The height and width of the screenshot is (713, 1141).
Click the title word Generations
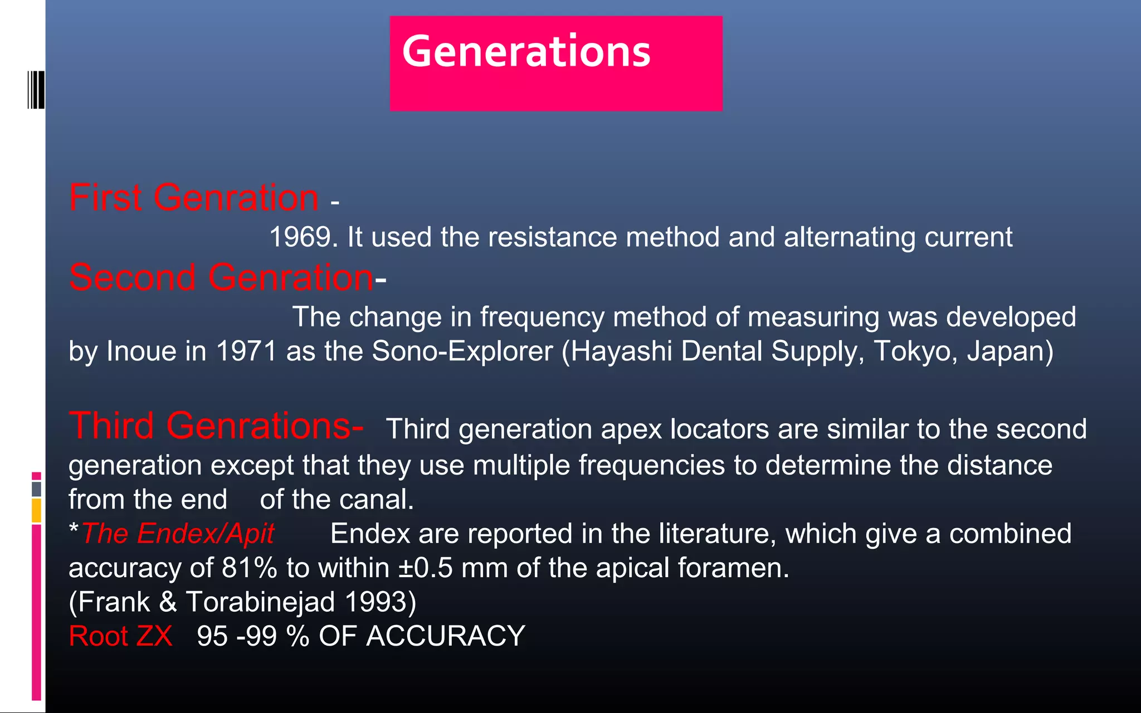(526, 51)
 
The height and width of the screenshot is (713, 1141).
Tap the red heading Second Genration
(221, 277)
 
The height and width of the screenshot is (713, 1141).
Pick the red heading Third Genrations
(216, 426)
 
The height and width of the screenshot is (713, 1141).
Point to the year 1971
(246, 351)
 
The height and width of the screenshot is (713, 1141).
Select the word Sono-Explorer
(462, 351)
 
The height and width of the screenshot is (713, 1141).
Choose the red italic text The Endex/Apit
(178, 534)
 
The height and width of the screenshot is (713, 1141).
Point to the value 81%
(249, 568)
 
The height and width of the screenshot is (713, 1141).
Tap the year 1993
(380, 602)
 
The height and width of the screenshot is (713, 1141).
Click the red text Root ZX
(120, 636)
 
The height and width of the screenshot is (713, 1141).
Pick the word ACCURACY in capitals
(445, 636)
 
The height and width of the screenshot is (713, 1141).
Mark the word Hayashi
(621, 351)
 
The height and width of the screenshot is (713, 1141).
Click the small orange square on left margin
(36, 510)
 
